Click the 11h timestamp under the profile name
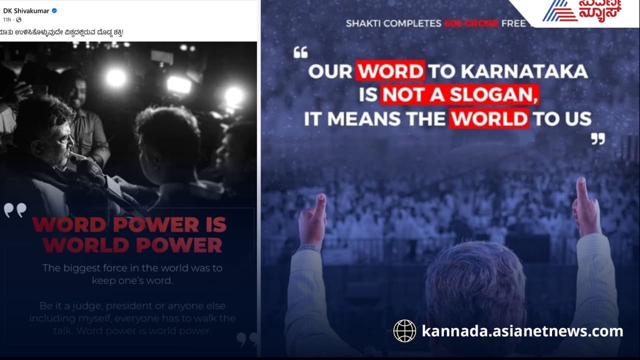(x=7, y=19)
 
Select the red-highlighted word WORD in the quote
(x=390, y=71)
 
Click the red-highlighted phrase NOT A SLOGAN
(x=459, y=94)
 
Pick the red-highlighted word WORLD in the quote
(x=488, y=118)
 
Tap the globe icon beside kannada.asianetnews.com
(x=404, y=331)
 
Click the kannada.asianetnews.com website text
(x=522, y=331)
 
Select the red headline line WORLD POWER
(x=132, y=245)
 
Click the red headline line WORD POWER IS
(x=129, y=224)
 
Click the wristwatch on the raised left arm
(x=310, y=247)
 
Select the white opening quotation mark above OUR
(x=300, y=52)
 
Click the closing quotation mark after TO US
(x=597, y=138)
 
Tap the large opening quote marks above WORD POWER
(x=15, y=210)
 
